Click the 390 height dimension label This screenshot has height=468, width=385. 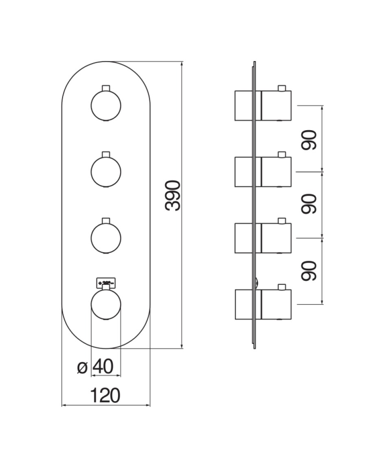coord(173,195)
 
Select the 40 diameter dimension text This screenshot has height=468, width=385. coord(103,367)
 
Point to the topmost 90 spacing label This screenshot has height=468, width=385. coord(309,140)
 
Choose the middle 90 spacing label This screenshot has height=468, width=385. coord(309,204)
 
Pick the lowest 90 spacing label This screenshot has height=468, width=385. coord(309,271)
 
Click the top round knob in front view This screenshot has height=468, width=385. coord(106,105)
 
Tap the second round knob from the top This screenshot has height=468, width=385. coord(106,171)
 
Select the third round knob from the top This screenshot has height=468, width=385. coord(106,237)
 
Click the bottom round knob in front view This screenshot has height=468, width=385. coord(106,305)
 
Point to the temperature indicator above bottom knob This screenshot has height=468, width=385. coord(106,282)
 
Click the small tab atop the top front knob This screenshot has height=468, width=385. coord(106,88)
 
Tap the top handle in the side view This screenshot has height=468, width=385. coord(276,105)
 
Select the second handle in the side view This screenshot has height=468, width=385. coord(276,172)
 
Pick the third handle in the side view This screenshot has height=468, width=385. coord(276,238)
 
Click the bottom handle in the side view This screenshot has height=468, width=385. coord(276,304)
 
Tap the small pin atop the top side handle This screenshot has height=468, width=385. coord(281,88)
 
